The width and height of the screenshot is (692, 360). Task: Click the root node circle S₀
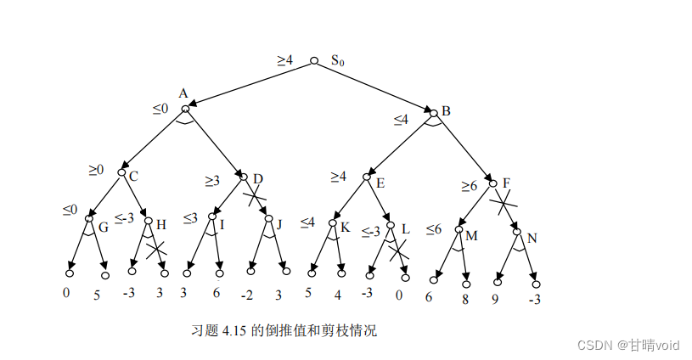pyautogui.click(x=314, y=60)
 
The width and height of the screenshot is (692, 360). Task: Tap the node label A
pyautogui.click(x=183, y=93)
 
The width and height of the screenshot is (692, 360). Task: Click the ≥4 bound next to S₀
pyautogui.click(x=285, y=60)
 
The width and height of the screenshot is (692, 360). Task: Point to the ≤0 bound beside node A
pyautogui.click(x=160, y=109)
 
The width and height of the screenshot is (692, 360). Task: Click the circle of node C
pyautogui.click(x=121, y=172)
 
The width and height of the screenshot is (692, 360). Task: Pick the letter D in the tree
pyautogui.click(x=258, y=179)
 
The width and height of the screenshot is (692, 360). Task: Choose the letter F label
pyautogui.click(x=507, y=183)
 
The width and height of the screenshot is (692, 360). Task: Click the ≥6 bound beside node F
pyautogui.click(x=469, y=184)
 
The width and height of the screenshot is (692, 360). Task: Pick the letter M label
pyautogui.click(x=472, y=234)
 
